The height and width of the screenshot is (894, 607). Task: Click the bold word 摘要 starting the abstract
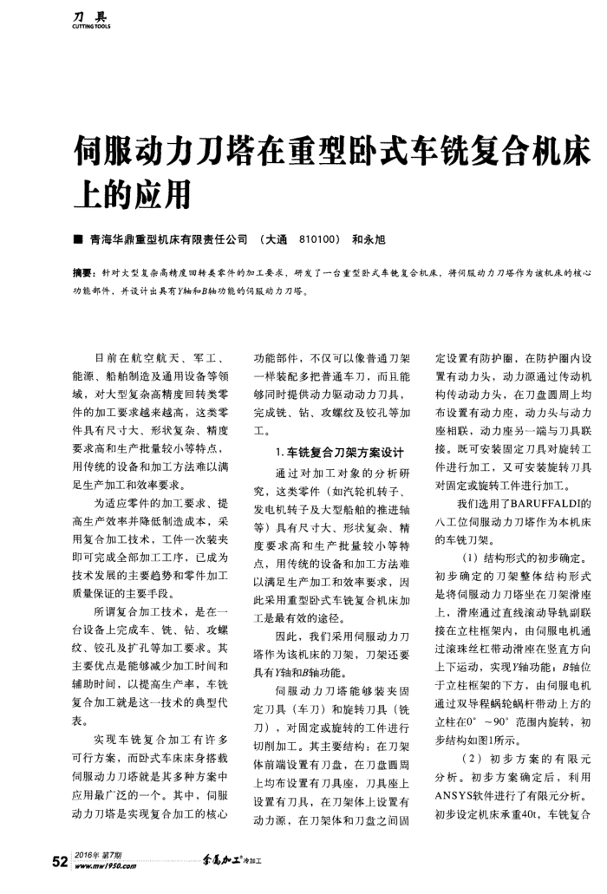point(83,272)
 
